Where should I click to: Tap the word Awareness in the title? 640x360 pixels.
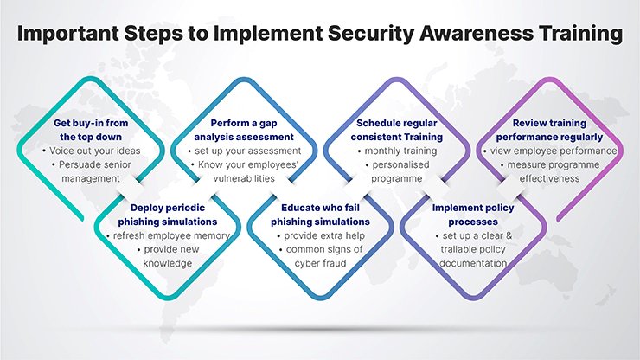click(x=476, y=33)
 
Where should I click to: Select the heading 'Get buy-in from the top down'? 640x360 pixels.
click(x=91, y=130)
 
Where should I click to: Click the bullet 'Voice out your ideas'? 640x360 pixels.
click(x=91, y=151)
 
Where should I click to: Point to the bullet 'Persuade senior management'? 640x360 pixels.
click(x=91, y=171)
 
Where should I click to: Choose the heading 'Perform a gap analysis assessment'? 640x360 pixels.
click(x=244, y=130)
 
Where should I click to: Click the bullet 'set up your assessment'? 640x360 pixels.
click(x=245, y=151)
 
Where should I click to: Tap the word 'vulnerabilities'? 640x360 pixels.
click(x=244, y=178)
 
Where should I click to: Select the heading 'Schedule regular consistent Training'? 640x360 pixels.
click(x=397, y=130)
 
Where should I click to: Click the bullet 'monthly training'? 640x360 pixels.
click(x=397, y=151)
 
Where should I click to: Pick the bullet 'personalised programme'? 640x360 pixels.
click(x=397, y=171)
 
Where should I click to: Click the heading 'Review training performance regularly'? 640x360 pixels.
click(x=549, y=130)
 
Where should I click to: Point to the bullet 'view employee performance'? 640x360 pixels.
click(x=550, y=151)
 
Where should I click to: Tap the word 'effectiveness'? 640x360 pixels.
click(x=549, y=178)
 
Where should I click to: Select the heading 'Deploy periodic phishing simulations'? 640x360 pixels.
click(x=167, y=215)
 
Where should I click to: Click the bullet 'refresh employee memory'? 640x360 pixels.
click(x=168, y=235)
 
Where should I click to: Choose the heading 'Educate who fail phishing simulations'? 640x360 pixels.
click(x=320, y=215)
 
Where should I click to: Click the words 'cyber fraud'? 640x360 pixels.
click(x=320, y=264)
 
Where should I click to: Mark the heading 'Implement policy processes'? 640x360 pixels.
click(x=473, y=215)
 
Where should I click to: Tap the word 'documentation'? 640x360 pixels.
click(x=473, y=264)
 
